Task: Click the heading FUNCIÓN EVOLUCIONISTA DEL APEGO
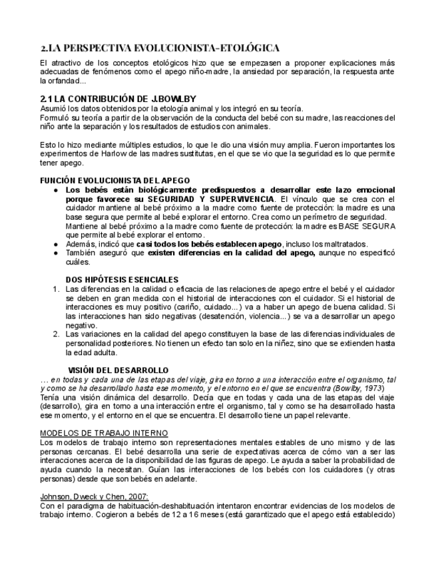pyautogui.click(x=115, y=181)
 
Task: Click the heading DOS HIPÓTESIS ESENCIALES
pyautogui.click(x=123, y=279)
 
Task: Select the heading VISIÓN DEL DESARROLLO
pyautogui.click(x=118, y=370)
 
